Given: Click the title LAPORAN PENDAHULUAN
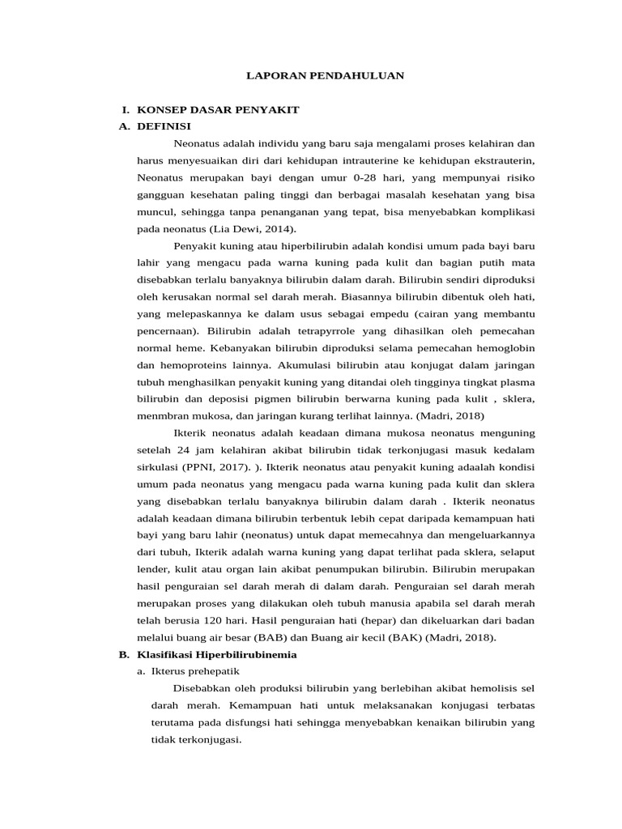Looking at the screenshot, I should [325, 75].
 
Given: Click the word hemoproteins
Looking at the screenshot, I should [194, 365].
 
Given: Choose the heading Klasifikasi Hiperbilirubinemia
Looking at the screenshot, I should [217, 654].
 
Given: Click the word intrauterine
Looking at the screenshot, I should [362, 161].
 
